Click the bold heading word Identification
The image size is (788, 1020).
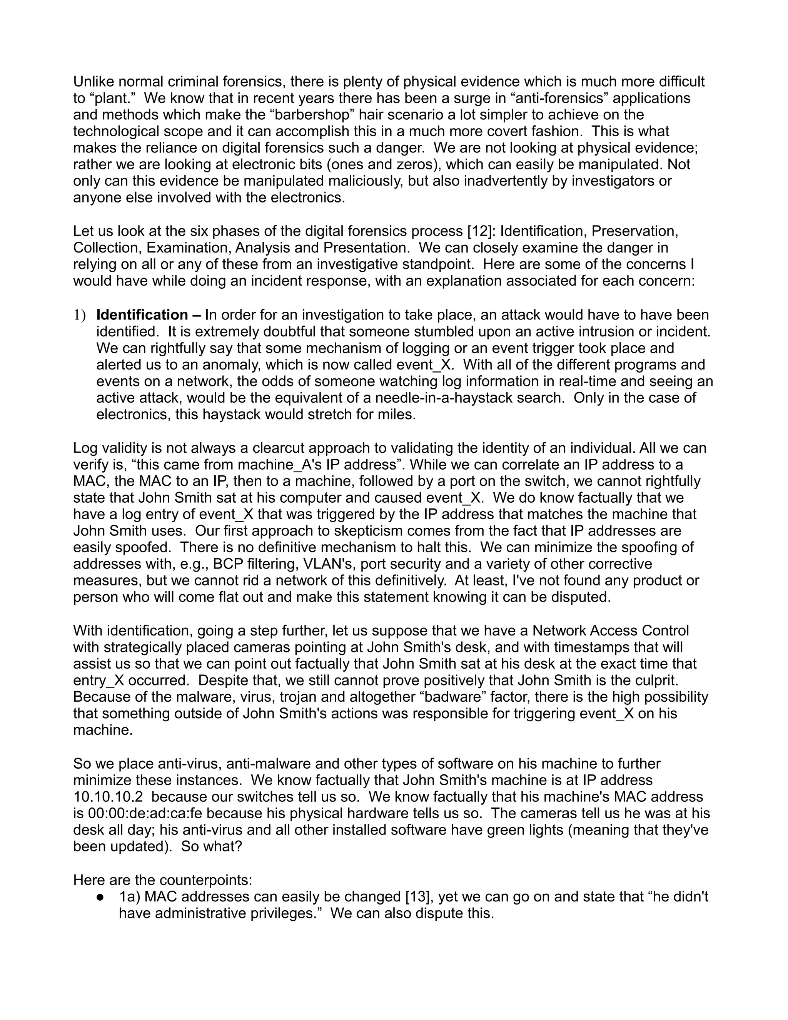(x=142, y=315)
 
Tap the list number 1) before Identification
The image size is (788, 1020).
(x=79, y=315)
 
